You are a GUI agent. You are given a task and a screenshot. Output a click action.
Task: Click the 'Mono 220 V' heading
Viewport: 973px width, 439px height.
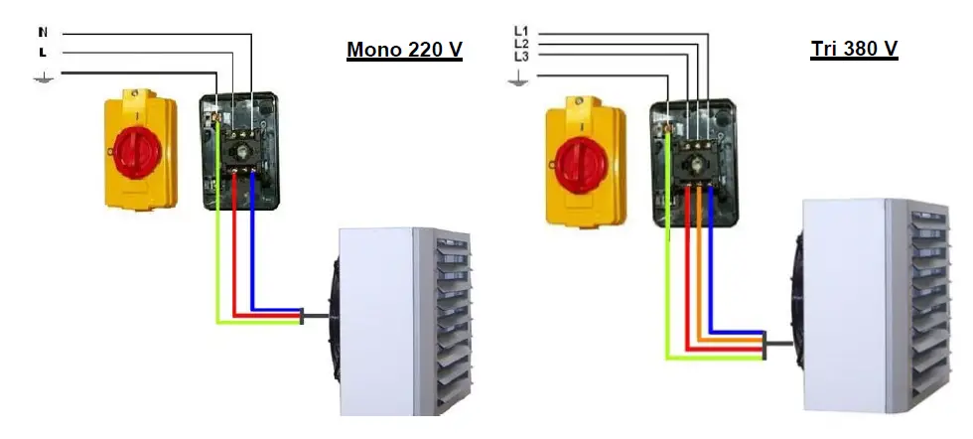tap(404, 50)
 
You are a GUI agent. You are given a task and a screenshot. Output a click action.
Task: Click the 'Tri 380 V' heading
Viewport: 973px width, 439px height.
tap(854, 50)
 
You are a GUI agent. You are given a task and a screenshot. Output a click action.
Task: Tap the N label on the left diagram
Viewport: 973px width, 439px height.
tap(42, 32)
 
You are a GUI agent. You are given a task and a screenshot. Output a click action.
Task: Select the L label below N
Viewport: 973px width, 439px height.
tap(42, 52)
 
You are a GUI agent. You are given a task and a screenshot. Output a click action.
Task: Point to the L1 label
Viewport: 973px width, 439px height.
tap(521, 31)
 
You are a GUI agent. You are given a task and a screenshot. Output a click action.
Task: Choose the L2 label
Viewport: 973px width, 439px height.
tap(521, 45)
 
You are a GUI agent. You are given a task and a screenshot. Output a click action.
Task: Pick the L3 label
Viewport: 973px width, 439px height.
tap(521, 58)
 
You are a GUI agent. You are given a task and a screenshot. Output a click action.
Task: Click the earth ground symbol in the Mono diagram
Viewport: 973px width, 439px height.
tap(43, 74)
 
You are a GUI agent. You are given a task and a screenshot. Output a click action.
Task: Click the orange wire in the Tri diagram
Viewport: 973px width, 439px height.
tap(699, 268)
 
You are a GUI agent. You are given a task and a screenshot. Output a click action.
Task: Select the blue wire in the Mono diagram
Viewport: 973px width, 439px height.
tap(253, 248)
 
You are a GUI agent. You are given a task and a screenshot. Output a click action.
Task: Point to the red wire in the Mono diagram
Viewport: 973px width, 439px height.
tap(235, 248)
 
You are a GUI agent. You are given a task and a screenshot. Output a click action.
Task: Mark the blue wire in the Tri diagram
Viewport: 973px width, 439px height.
tap(714, 268)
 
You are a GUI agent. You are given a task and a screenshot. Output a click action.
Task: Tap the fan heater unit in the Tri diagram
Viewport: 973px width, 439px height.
tap(864, 308)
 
